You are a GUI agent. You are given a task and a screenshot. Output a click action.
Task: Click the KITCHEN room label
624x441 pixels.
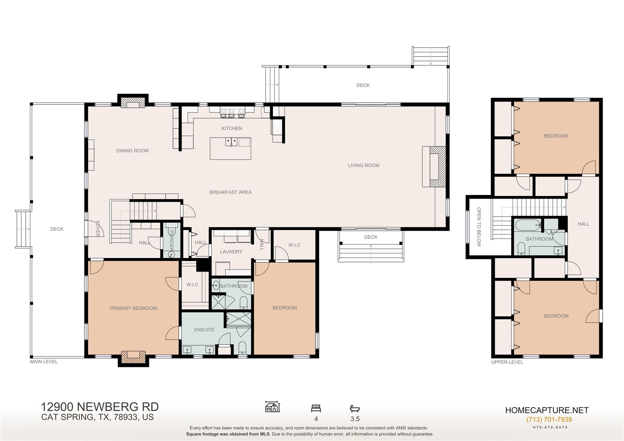pyautogui.click(x=232, y=128)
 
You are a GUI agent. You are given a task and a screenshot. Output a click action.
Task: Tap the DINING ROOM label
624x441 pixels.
pyautogui.click(x=132, y=151)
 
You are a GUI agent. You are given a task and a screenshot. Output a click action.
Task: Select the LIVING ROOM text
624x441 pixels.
pyautogui.click(x=363, y=165)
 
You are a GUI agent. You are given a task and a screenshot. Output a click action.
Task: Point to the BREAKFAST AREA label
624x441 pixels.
pyautogui.click(x=230, y=192)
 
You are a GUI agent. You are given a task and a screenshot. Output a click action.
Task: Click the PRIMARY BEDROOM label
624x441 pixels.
pyautogui.click(x=133, y=308)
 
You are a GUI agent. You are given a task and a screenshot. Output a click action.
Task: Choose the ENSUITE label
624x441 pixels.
pyautogui.click(x=204, y=330)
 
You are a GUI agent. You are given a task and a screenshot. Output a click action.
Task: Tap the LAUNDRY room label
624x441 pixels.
pyautogui.click(x=231, y=252)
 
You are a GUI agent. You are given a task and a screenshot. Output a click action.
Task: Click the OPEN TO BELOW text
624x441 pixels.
pyautogui.click(x=479, y=227)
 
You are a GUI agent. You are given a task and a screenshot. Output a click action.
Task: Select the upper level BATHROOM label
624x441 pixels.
pyautogui.click(x=539, y=239)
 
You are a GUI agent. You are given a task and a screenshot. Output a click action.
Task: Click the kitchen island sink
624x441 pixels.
pyautogui.click(x=232, y=142)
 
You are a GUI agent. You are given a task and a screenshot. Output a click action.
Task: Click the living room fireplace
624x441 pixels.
pyautogui.click(x=434, y=167)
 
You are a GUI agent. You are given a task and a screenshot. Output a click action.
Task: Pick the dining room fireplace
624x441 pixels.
pyautogui.click(x=133, y=102)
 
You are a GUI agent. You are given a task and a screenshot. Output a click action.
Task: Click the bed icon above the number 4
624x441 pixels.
pyautogui.click(x=316, y=408)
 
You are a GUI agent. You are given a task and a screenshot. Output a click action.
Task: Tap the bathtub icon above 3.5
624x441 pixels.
pyautogui.click(x=355, y=408)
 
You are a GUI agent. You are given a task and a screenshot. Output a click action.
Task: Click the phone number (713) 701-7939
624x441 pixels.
pyautogui.click(x=549, y=420)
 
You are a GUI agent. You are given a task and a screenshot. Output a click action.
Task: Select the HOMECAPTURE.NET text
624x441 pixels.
pyautogui.click(x=547, y=410)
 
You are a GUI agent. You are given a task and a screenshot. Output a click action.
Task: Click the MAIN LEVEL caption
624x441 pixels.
pyautogui.click(x=44, y=362)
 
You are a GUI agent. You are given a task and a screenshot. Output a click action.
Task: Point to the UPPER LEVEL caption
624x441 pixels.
pyautogui.click(x=507, y=362)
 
